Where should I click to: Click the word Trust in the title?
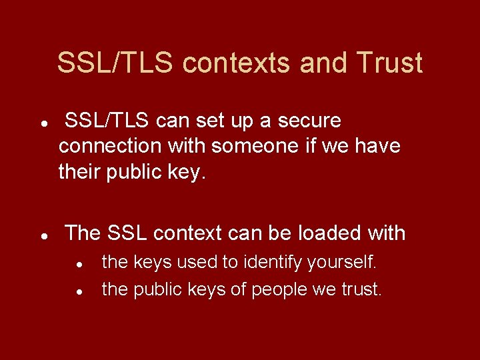click(x=389, y=63)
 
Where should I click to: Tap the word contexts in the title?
click(x=237, y=63)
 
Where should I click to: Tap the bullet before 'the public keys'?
click(x=79, y=291)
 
